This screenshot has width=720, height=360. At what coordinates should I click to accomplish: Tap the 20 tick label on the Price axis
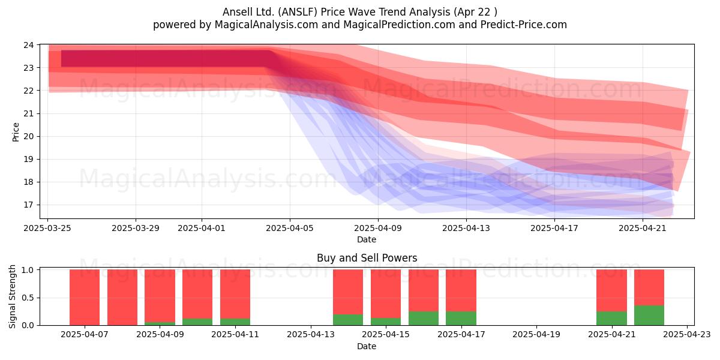click(29, 136)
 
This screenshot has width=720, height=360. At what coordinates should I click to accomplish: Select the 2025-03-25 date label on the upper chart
click(47, 228)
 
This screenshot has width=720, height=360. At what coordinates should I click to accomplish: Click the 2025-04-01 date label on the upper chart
click(202, 228)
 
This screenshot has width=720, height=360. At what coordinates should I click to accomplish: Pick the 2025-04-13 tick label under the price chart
click(466, 228)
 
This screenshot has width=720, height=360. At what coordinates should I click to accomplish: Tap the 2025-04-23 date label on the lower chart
click(687, 335)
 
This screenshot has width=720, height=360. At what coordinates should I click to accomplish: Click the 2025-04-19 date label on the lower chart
click(536, 335)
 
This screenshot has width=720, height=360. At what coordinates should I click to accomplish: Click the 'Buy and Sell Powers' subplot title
click(367, 258)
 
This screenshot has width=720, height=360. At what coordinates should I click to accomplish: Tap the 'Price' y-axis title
click(16, 132)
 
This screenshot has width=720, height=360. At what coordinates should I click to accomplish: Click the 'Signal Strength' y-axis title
click(12, 296)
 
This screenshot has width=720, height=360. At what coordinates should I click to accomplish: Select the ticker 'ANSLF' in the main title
click(298, 12)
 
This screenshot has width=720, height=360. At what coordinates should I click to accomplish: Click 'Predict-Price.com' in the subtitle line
click(524, 25)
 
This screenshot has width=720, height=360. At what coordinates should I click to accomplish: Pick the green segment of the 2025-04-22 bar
click(649, 316)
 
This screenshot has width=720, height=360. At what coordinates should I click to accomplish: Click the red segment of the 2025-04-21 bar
click(611, 290)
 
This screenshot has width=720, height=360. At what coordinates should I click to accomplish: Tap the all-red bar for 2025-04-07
click(85, 298)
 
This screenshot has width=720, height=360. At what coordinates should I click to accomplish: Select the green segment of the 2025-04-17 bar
click(461, 318)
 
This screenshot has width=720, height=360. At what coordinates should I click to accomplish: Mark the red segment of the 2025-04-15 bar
click(386, 294)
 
